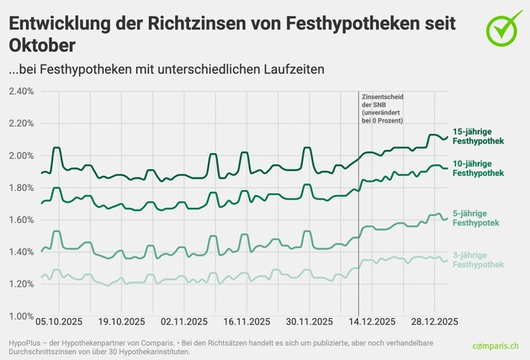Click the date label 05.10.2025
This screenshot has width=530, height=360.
point(59,321)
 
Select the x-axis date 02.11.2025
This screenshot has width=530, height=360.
point(184,321)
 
